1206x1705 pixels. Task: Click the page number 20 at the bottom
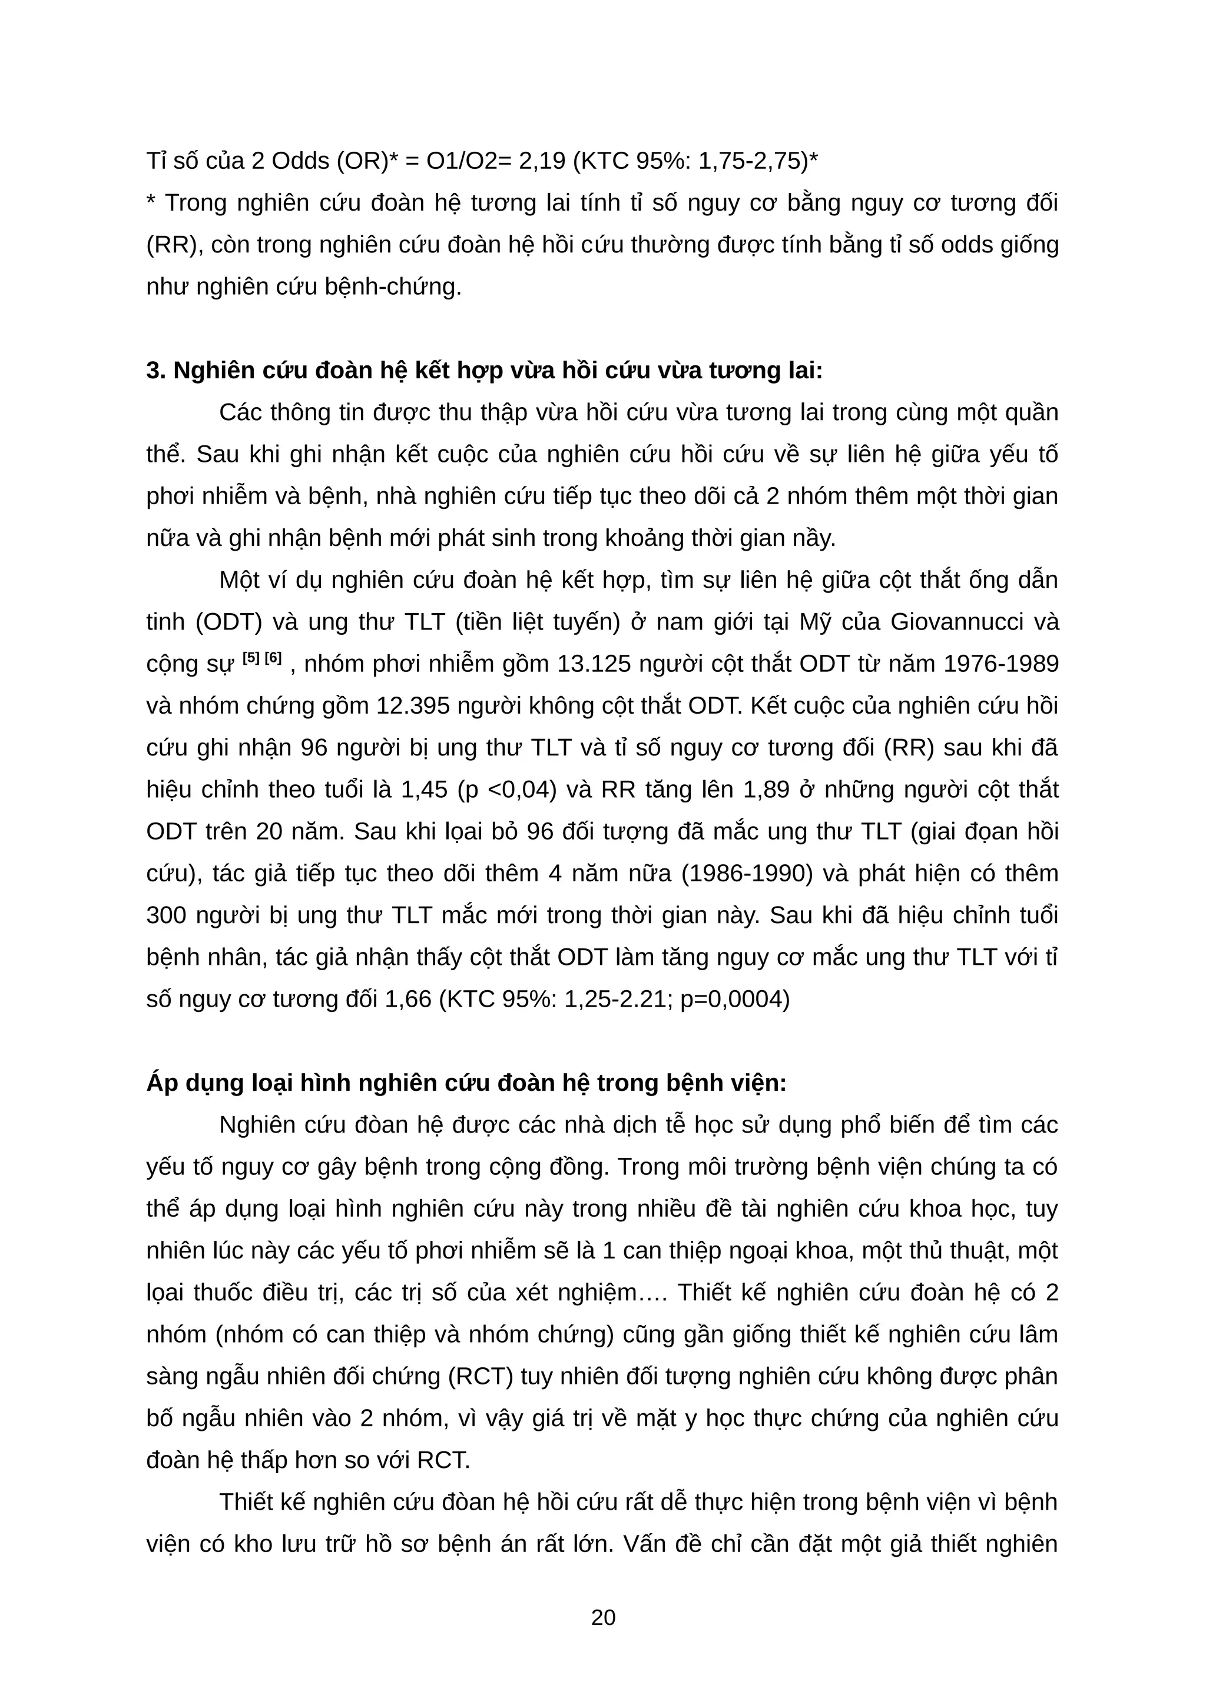pyautogui.click(x=602, y=1617)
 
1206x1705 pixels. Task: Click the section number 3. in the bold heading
pyautogui.click(x=156, y=371)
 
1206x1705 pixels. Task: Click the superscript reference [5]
pyautogui.click(x=251, y=658)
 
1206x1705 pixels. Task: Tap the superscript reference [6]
pyautogui.click(x=273, y=658)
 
